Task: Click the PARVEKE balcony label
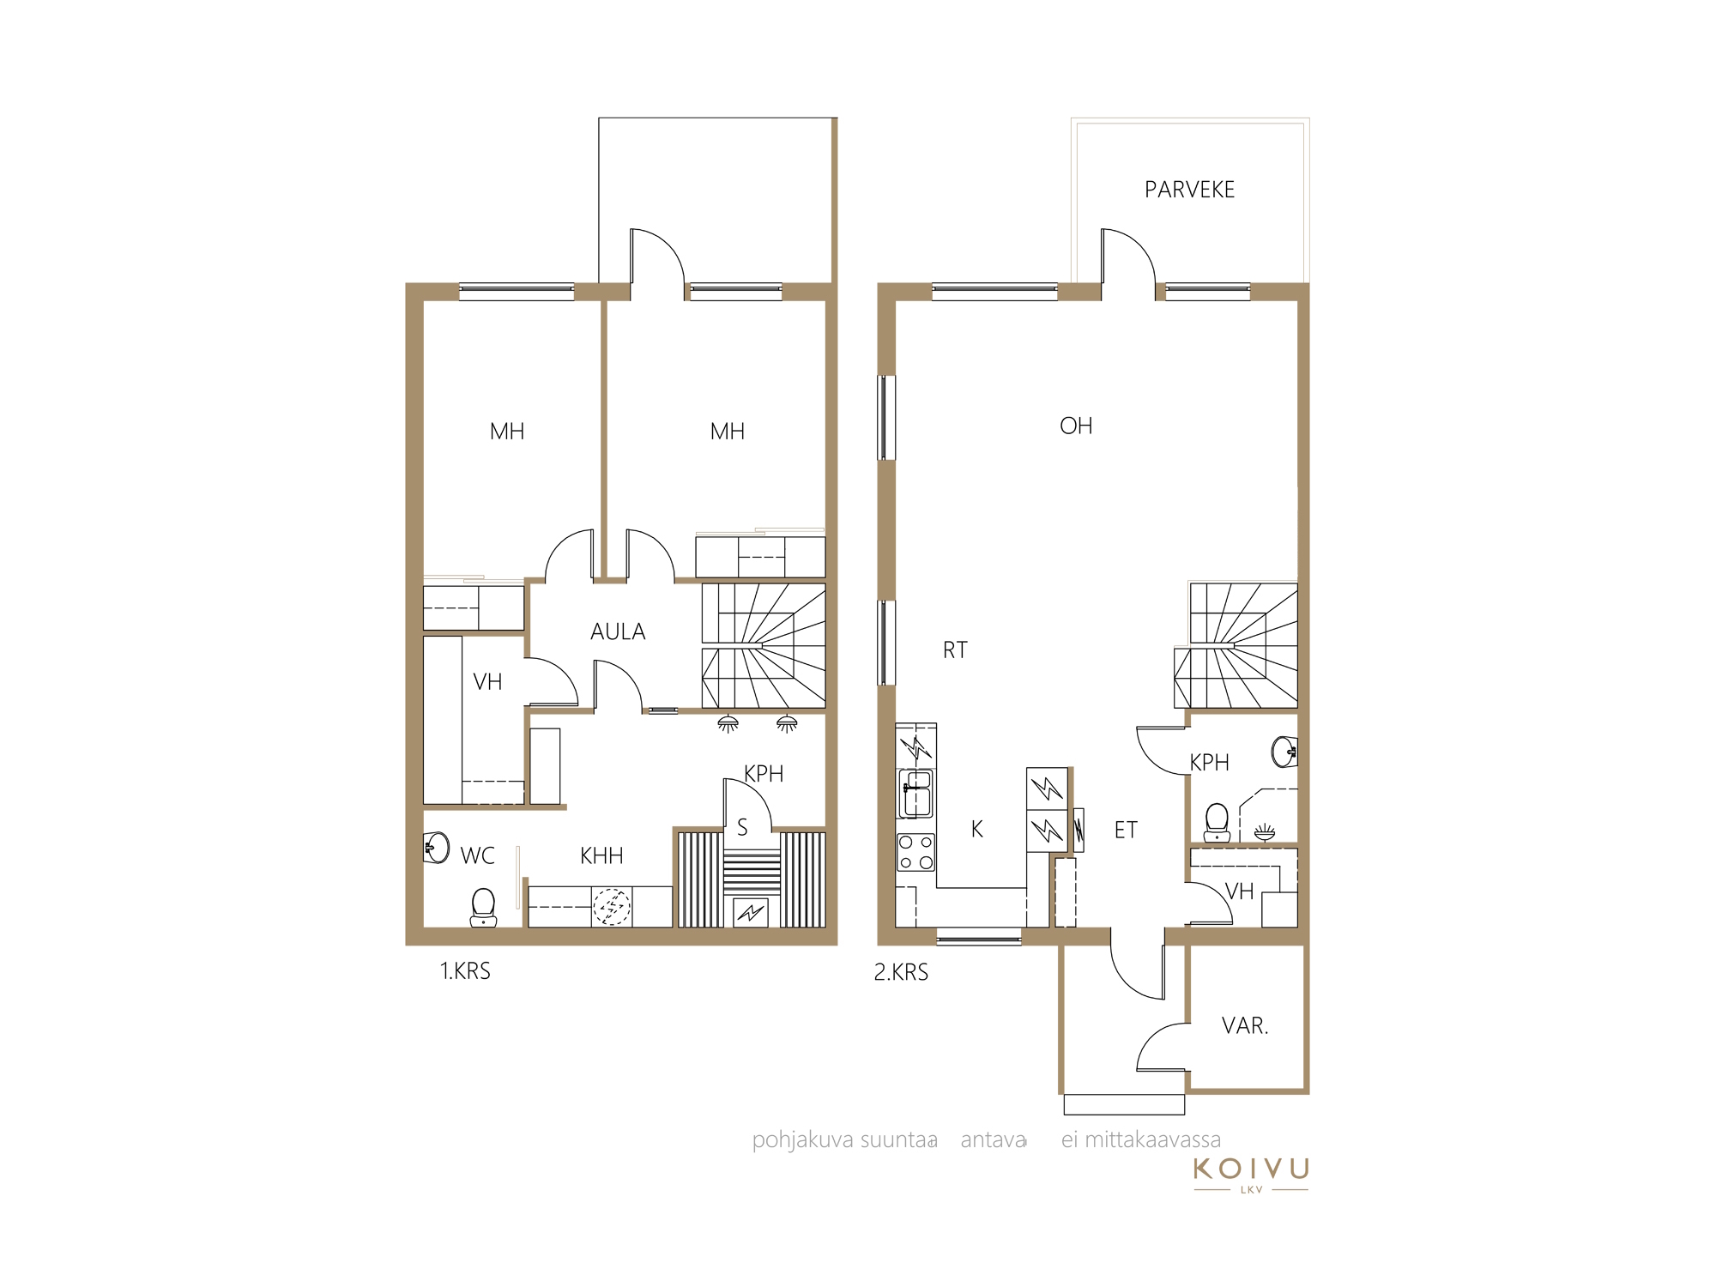(1189, 190)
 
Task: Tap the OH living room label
(1076, 426)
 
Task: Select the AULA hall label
(618, 631)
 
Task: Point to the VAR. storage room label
(1245, 1025)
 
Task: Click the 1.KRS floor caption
(465, 971)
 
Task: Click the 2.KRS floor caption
(901, 972)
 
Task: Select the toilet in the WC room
(483, 908)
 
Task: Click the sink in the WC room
(437, 848)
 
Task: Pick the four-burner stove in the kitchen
(915, 852)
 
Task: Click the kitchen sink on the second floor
(916, 794)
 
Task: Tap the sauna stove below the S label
(751, 911)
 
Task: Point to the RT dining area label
(955, 650)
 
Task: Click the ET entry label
(1126, 830)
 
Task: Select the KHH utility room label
(601, 855)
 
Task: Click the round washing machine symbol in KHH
(612, 907)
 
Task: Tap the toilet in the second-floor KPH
(1217, 823)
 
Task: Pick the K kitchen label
(976, 829)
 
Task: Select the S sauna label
(742, 827)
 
